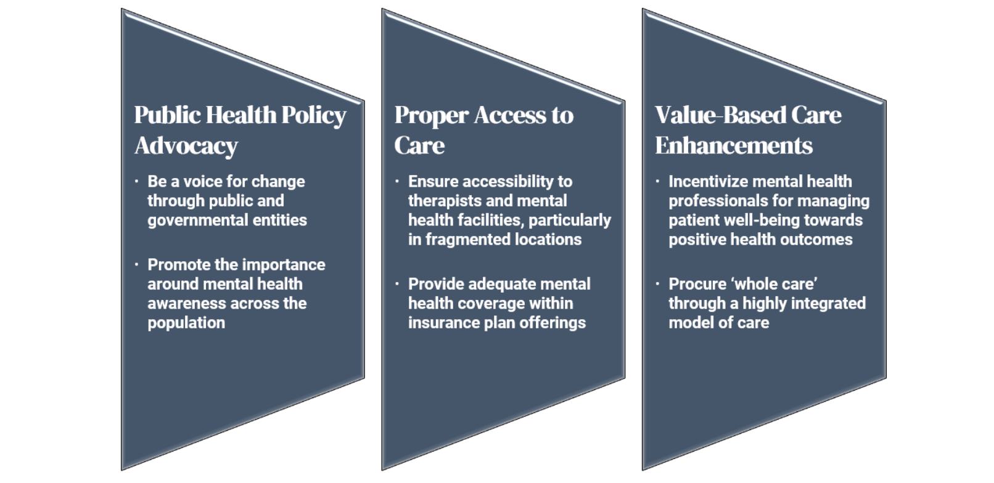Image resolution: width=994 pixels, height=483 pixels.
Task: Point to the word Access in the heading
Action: click(x=510, y=115)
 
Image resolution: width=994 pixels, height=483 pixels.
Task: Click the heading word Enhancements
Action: click(x=734, y=145)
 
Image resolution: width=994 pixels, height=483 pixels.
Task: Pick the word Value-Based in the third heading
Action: click(x=720, y=115)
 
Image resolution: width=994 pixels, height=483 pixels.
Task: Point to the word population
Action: click(x=186, y=323)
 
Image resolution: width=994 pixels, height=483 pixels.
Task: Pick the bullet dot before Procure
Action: click(x=658, y=283)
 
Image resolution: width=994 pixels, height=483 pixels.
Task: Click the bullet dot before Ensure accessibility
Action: click(x=397, y=181)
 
